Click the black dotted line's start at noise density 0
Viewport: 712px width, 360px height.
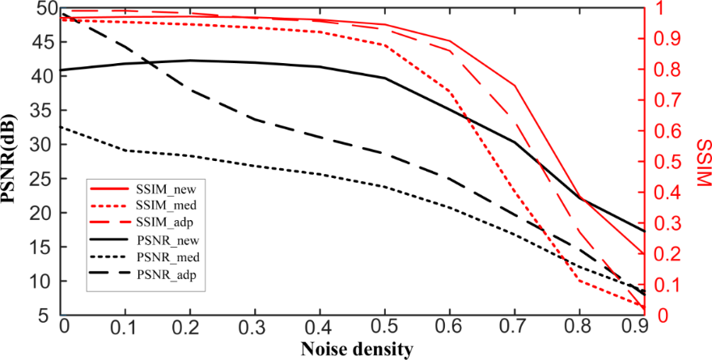pos(62,126)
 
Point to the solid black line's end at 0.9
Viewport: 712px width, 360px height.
pos(644,231)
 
